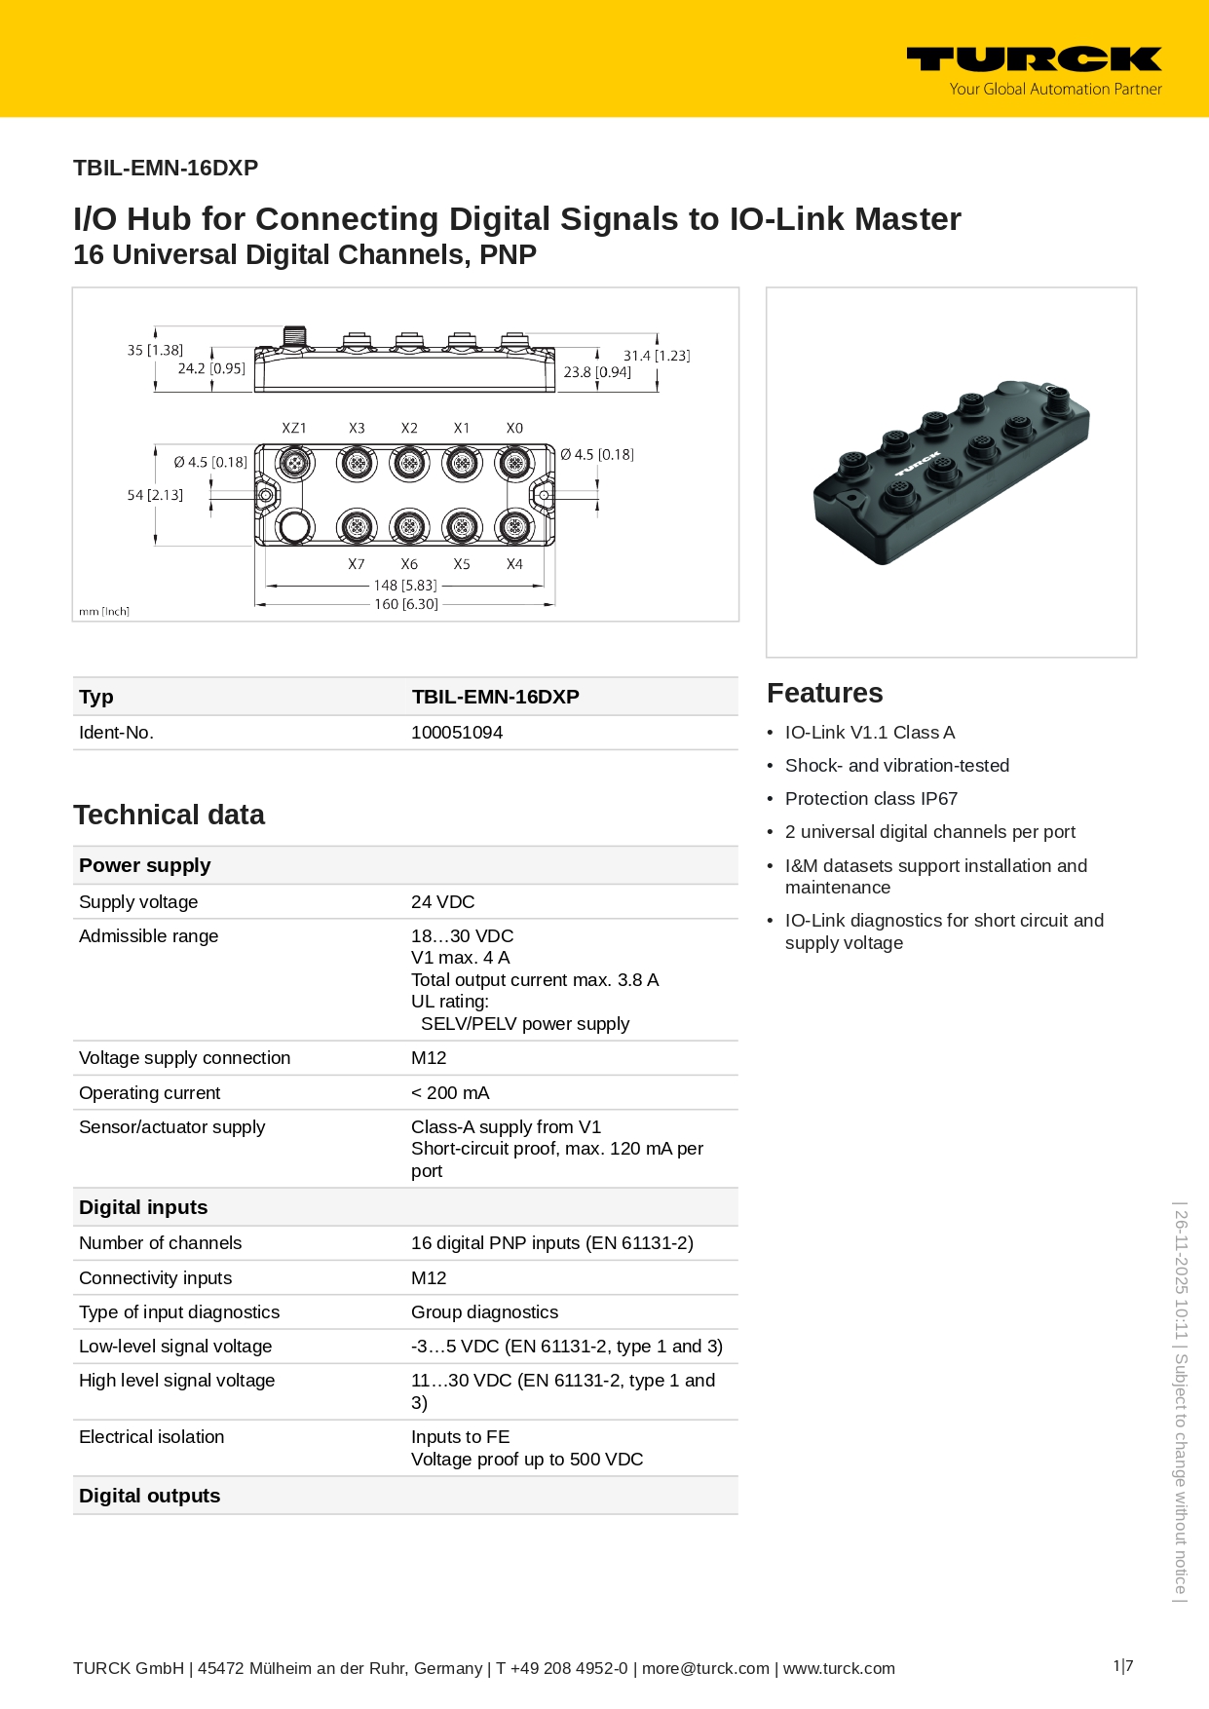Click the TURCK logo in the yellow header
[x=1034, y=60]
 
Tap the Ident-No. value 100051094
[x=457, y=733]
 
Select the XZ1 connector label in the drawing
[x=294, y=429]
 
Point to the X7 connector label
[x=357, y=564]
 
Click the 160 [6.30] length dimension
[x=406, y=604]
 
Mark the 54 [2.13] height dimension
[x=155, y=495]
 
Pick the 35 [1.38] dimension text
[x=155, y=350]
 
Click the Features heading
[x=824, y=693]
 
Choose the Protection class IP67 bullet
[x=871, y=799]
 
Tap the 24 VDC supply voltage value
[x=443, y=902]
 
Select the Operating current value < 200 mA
[x=450, y=1093]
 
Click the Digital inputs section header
[x=143, y=1207]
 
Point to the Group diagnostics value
[x=484, y=1312]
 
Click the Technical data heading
[x=169, y=815]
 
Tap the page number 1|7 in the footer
[x=1123, y=1666]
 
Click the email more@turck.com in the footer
[x=705, y=1668]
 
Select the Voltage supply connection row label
[x=184, y=1058]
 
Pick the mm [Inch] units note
[x=104, y=612]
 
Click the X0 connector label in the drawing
[x=514, y=429]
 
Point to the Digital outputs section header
[x=149, y=1496]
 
